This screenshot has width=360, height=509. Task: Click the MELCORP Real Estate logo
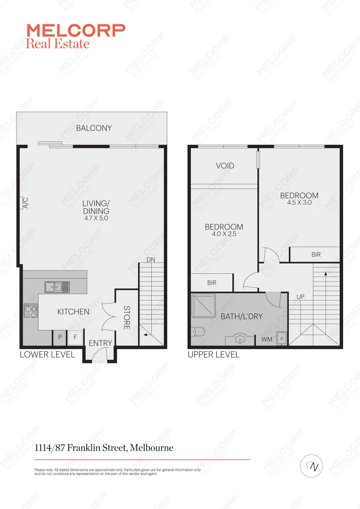coord(75,36)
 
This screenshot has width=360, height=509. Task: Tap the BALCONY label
coord(94,128)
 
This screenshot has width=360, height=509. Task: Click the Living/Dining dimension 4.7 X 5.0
coord(96,218)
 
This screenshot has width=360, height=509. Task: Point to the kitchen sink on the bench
coord(57,286)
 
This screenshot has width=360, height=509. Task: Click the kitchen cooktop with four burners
coord(31,311)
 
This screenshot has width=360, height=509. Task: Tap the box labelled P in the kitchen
coord(60,337)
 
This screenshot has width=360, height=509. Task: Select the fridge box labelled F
coord(75,337)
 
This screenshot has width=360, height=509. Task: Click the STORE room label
coord(127,318)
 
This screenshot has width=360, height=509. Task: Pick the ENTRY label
coord(100,344)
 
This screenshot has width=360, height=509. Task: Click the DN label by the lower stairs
coord(151,260)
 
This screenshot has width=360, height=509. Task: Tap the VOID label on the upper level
coord(225,166)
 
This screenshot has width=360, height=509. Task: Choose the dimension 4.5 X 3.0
coord(299,202)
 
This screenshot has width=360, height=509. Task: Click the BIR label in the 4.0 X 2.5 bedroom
coord(212,283)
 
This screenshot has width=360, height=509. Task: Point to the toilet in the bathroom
coord(197,332)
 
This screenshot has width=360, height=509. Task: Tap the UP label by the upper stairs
coord(300,297)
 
